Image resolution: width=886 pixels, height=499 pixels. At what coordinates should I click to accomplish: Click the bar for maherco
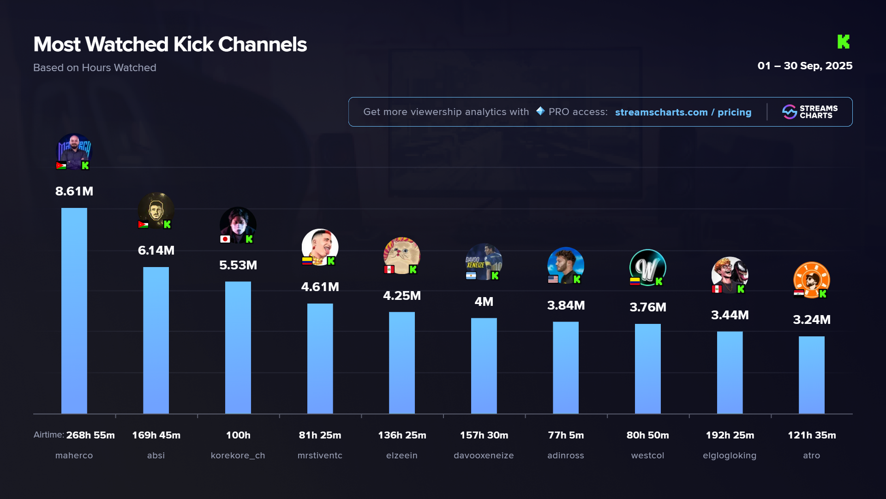74,310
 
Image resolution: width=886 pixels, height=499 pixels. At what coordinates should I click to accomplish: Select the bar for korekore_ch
238,347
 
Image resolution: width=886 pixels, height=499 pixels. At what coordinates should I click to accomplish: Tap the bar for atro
811,375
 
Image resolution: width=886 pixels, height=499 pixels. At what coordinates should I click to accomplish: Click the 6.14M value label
156,250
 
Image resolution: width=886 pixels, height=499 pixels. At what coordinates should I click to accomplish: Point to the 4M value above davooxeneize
484,302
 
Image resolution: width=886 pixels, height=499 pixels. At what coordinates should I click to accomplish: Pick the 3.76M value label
647,307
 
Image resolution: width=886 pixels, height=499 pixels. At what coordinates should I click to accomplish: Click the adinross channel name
565,456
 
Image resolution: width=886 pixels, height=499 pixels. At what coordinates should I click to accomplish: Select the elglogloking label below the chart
729,456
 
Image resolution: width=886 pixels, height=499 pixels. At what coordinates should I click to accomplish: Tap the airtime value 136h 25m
401,435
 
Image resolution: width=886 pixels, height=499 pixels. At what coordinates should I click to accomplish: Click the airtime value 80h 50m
647,435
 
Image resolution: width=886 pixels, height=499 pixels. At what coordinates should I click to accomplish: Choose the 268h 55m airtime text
90,435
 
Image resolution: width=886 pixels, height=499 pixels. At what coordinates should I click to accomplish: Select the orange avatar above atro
811,279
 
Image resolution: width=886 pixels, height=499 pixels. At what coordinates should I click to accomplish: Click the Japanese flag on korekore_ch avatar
225,239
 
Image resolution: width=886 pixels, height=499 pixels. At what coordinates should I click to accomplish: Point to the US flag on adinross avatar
553,279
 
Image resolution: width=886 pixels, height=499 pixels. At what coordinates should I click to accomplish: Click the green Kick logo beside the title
843,42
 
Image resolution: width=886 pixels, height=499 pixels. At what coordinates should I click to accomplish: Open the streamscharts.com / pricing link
683,112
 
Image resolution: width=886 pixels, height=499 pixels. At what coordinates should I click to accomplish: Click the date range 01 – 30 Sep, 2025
804,66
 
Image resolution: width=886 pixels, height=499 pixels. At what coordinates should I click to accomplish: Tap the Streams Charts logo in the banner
810,112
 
